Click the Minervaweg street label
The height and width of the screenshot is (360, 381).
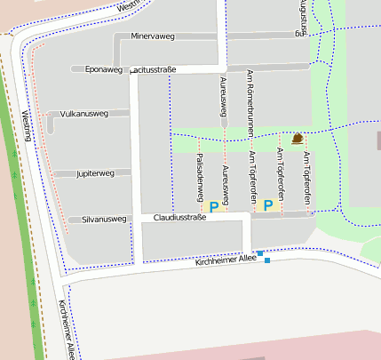coord(153,37)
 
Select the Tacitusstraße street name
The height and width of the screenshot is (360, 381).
coord(154,68)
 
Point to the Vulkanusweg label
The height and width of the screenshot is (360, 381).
coord(83,114)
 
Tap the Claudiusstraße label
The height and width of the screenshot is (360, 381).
coord(179,217)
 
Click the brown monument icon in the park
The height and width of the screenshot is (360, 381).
coord(297,139)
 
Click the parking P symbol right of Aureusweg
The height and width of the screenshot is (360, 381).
coord(268,205)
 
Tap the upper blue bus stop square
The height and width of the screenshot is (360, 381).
coord(260,253)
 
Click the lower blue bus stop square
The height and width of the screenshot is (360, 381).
coord(267,260)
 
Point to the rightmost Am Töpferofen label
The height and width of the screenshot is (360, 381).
coord(306,179)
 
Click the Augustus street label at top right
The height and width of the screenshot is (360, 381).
coord(305,16)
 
